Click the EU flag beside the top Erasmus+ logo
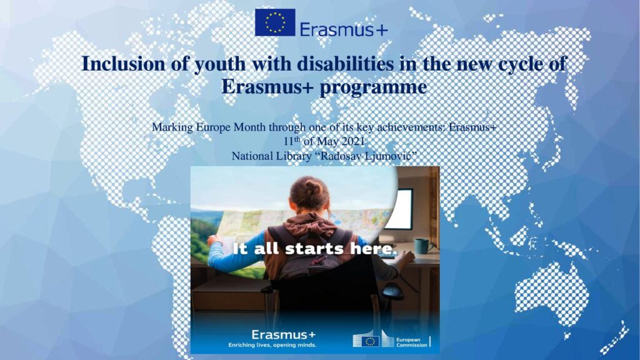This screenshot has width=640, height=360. click(x=275, y=22)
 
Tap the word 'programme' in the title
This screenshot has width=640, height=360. click(x=374, y=87)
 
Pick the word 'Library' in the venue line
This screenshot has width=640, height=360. click(x=294, y=156)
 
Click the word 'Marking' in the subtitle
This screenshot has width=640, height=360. click(x=172, y=127)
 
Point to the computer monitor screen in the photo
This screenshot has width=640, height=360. click(x=399, y=209)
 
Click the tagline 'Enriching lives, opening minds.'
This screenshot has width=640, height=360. click(x=272, y=345)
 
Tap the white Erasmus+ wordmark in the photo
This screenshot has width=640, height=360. click(x=283, y=335)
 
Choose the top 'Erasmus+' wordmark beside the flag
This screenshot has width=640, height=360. click(x=344, y=29)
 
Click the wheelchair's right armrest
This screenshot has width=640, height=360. click(x=391, y=291)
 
